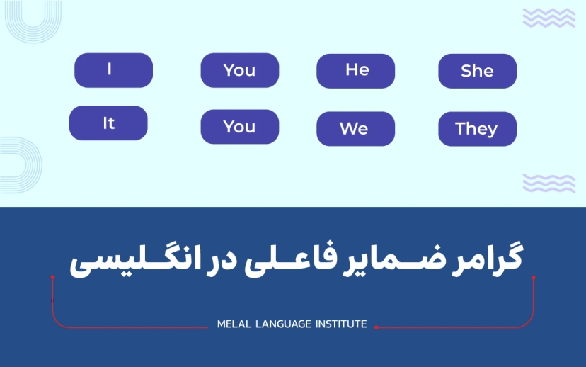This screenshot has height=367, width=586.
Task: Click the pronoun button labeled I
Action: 113,70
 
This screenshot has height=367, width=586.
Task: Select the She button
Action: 477,71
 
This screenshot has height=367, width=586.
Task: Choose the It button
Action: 108,123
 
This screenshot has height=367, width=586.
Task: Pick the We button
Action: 355,129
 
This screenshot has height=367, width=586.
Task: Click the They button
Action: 477,129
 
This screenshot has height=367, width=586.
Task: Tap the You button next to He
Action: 239,70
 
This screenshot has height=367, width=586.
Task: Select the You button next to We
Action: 239,127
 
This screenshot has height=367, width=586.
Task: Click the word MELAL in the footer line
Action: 233,324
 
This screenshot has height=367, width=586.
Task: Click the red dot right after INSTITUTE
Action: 376,327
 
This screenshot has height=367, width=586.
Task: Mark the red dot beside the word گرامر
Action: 534,278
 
